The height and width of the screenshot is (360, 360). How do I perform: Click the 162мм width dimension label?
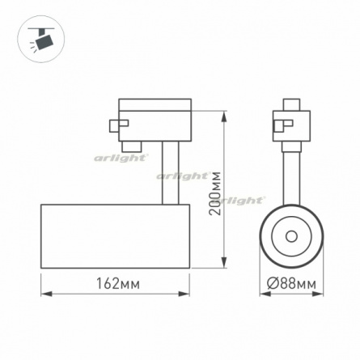coord(118,283)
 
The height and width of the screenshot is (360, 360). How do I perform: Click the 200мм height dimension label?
coord(216,193)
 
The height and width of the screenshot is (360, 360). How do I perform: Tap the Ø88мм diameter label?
coord(291,284)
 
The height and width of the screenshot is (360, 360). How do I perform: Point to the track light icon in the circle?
coord(41,40)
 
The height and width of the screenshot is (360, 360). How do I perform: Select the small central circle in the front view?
coord(291,237)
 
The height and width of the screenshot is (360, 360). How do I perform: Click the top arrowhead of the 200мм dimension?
coord(224,117)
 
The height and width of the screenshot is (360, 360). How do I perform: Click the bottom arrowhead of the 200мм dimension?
coord(224,261)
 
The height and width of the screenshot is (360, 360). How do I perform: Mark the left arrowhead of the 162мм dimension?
coord(47,294)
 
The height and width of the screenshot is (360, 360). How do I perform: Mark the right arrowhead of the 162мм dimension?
coord(184,294)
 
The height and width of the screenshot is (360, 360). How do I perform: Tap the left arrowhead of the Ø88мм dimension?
coord(265,294)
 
